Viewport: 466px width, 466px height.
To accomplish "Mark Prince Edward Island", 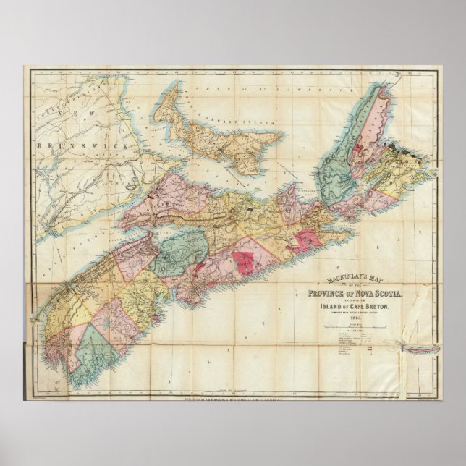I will click(217, 137).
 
